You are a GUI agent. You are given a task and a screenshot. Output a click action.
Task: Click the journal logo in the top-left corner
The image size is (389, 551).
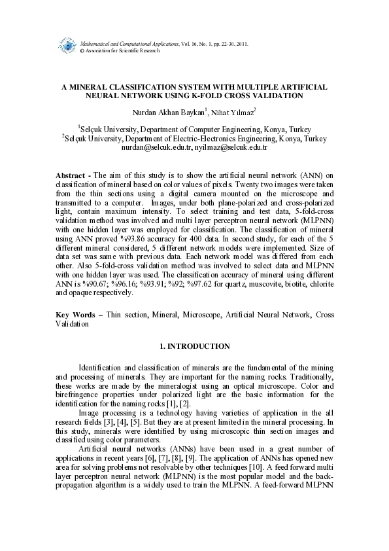(67, 46)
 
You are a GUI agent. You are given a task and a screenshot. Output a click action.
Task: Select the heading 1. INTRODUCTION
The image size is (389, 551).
(195, 346)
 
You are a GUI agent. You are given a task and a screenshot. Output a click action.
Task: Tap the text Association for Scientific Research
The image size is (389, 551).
(122, 50)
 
